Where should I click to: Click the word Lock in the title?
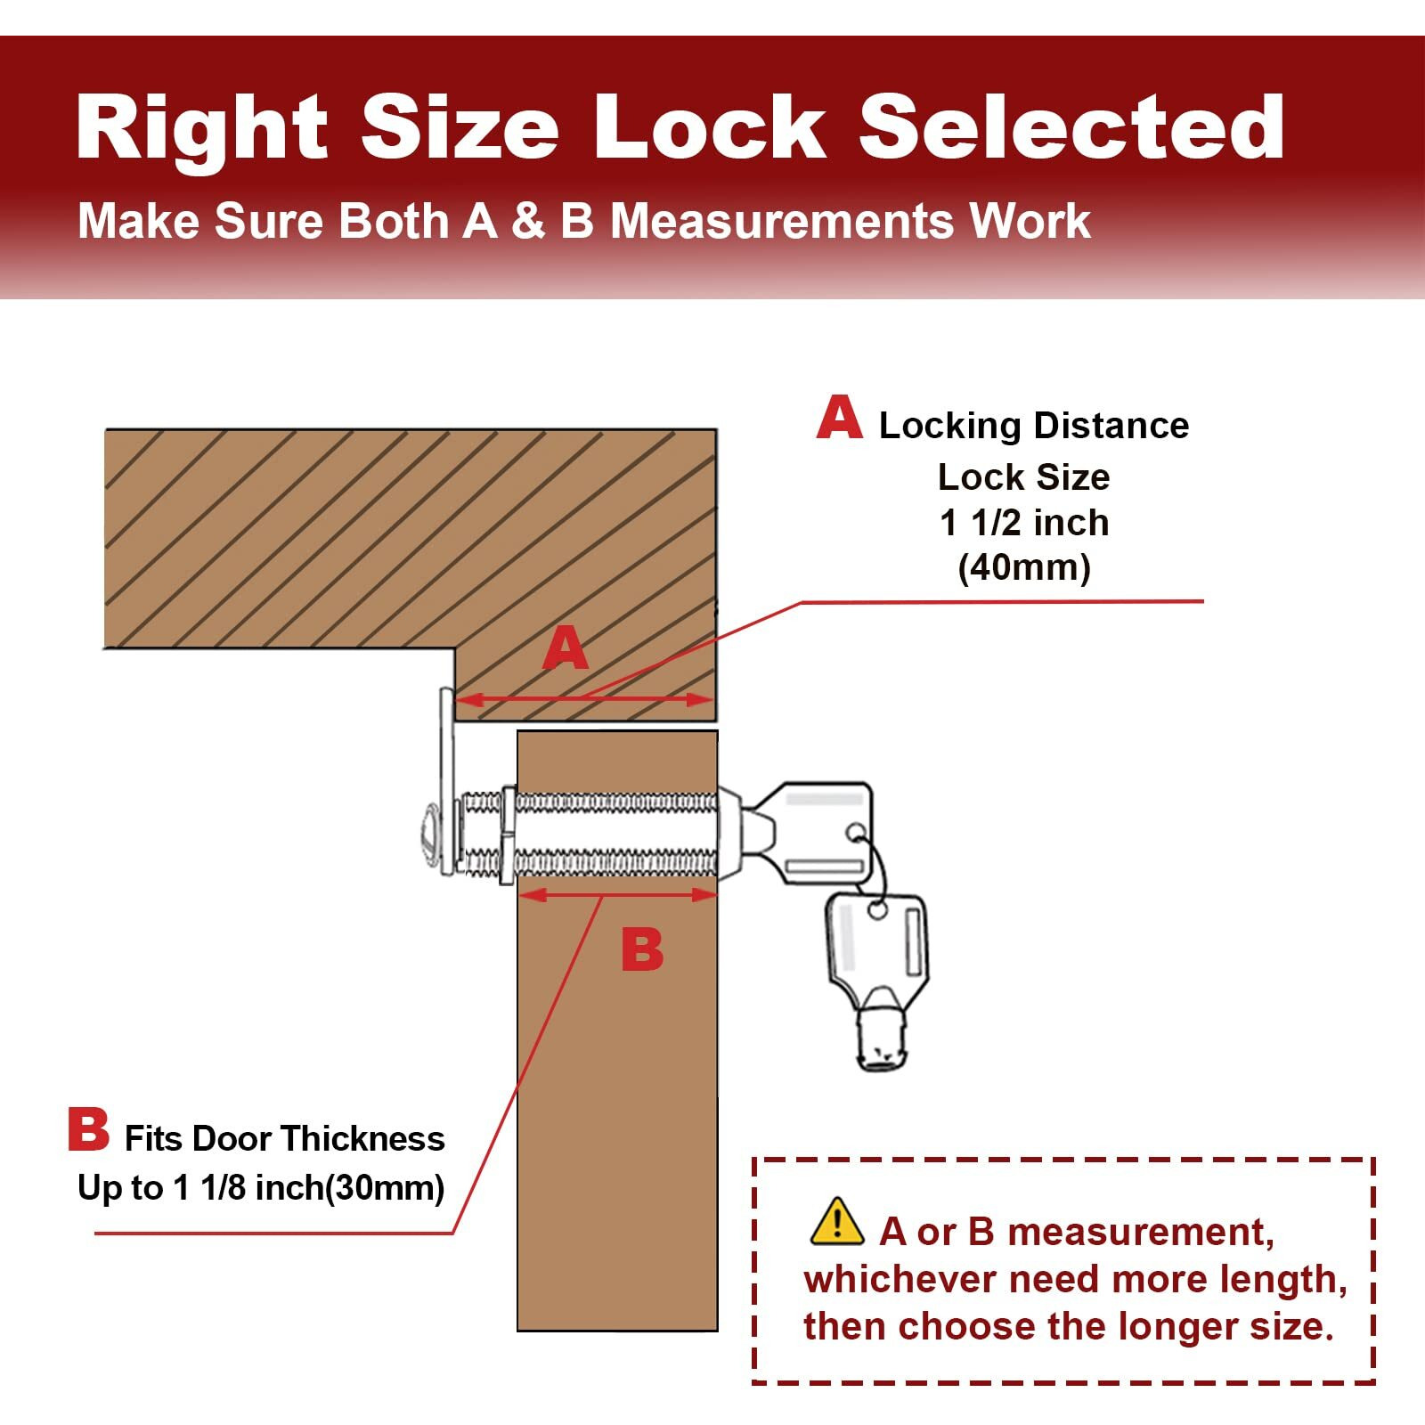click(710, 127)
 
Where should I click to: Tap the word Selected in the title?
click(1071, 127)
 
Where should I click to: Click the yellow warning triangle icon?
click(836, 1222)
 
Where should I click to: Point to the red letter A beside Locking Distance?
click(839, 419)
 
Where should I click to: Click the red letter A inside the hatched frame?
click(566, 648)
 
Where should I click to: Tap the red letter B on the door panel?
click(642, 949)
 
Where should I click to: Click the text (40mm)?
click(1024, 567)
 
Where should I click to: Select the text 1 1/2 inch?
click(1024, 523)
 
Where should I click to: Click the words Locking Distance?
click(1034, 426)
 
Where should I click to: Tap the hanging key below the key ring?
click(877, 975)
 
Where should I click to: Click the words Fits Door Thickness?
click(284, 1138)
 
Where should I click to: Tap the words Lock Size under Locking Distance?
click(1024, 477)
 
